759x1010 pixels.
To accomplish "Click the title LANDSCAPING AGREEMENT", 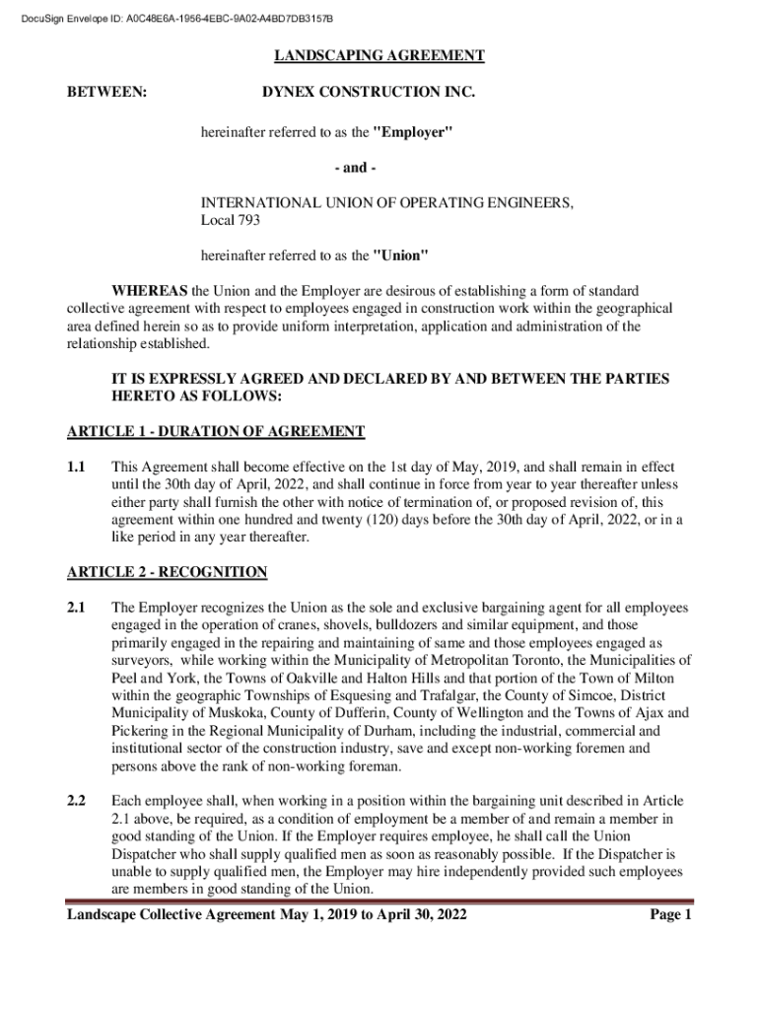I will (x=379, y=56).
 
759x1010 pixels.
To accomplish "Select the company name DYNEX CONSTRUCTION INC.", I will (x=368, y=93).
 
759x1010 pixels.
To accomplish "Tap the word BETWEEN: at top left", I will (x=106, y=93).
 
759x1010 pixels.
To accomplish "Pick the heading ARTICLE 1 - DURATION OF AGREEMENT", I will (x=215, y=432).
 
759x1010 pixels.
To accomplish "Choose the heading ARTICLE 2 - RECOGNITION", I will (x=167, y=572).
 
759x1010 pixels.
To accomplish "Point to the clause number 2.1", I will (x=77, y=608).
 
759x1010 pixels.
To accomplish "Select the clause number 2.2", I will (x=77, y=801).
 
